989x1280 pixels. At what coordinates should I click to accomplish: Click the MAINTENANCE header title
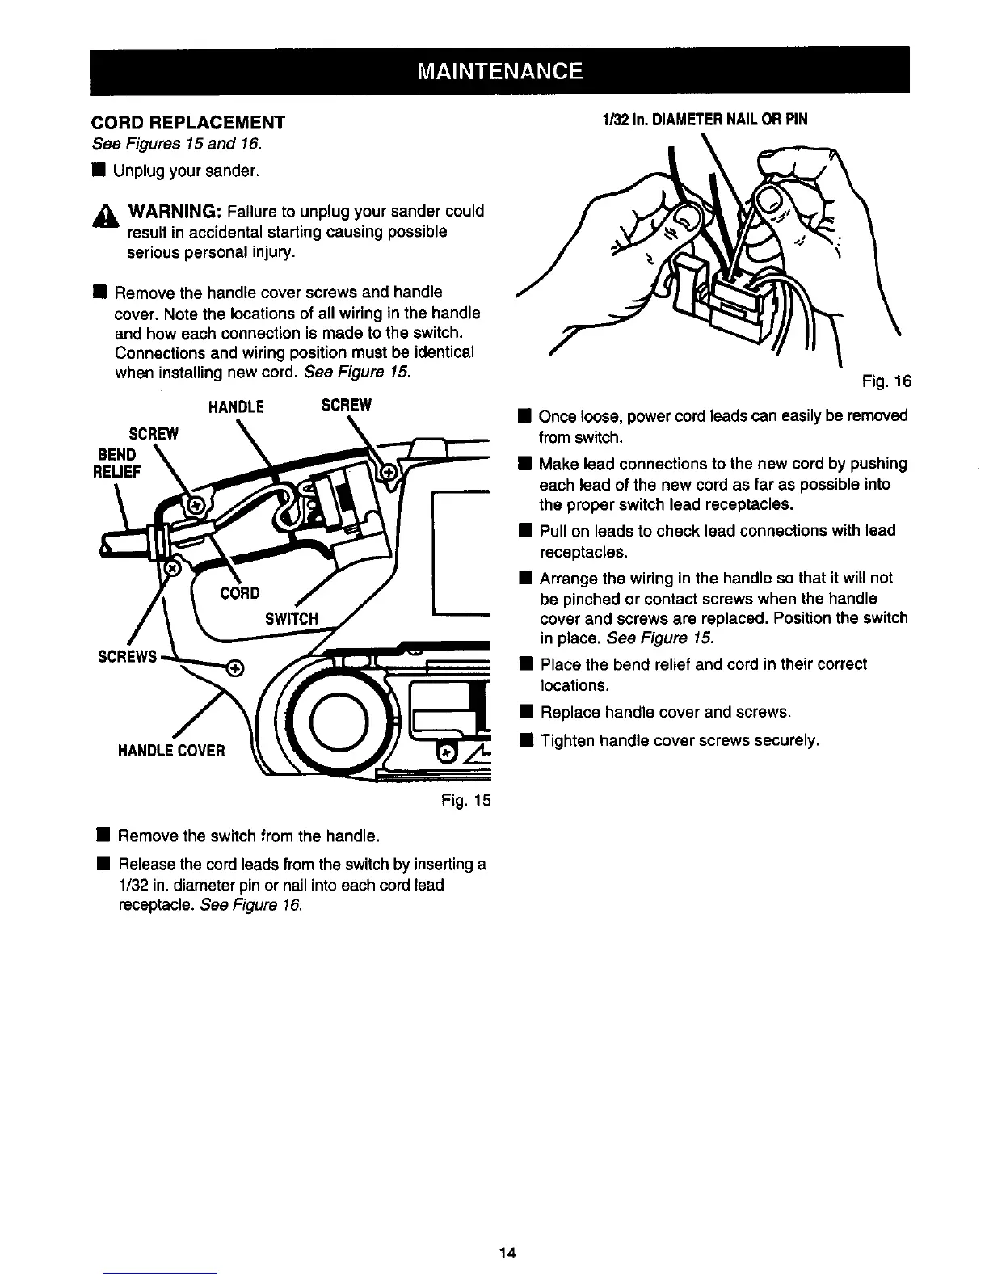pos(499,71)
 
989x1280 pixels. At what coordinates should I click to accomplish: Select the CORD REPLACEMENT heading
pos(187,123)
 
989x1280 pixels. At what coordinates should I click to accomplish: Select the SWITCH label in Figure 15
pos(292,619)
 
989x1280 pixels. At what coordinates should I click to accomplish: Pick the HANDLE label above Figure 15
pos(236,406)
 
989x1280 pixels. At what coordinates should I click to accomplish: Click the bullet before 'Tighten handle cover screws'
pos(524,740)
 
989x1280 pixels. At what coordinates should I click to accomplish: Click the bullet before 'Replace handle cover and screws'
pos(524,713)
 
